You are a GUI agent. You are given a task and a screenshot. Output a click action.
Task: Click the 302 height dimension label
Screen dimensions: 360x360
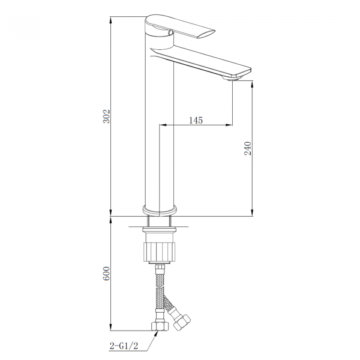[106, 116]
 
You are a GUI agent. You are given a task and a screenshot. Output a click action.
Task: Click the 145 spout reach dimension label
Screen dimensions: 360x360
[196, 120]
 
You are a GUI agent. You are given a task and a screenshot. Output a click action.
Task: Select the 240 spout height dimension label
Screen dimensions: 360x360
[248, 148]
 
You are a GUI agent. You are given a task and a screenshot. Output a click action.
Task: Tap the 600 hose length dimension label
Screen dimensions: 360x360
[106, 274]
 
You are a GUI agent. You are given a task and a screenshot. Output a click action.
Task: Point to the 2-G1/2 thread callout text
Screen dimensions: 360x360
[124, 346]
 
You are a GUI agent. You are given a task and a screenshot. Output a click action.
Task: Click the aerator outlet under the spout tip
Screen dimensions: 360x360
[232, 79]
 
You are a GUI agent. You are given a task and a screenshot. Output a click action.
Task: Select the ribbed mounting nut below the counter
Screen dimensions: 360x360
[160, 251]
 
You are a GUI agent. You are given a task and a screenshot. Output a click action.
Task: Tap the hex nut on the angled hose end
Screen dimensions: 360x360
[182, 322]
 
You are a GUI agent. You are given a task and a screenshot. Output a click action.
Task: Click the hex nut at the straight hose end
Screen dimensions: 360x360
[160, 326]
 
